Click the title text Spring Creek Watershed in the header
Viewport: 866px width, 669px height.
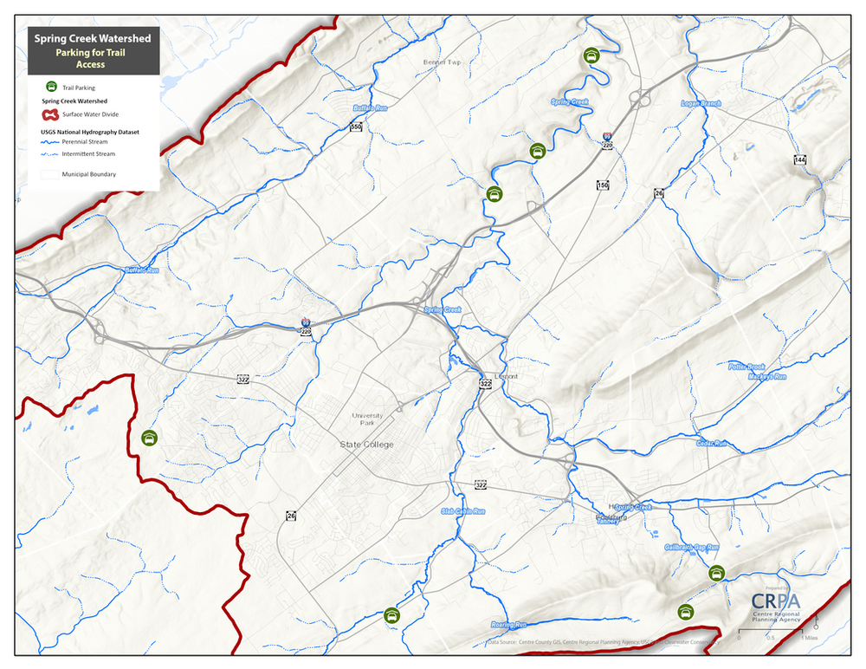(92, 38)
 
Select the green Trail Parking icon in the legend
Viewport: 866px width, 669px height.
(51, 87)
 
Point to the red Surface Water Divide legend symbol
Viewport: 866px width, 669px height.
(49, 114)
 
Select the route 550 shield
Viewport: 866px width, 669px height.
(356, 127)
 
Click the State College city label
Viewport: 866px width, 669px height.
(365, 445)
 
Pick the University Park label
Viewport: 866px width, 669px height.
(367, 419)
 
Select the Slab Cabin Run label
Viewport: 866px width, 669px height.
(463, 511)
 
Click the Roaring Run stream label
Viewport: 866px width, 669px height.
(508, 625)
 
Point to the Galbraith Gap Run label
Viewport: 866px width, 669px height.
(693, 548)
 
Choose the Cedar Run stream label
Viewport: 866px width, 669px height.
(712, 444)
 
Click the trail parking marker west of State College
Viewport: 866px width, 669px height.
(150, 438)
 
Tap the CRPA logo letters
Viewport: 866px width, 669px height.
(776, 601)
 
